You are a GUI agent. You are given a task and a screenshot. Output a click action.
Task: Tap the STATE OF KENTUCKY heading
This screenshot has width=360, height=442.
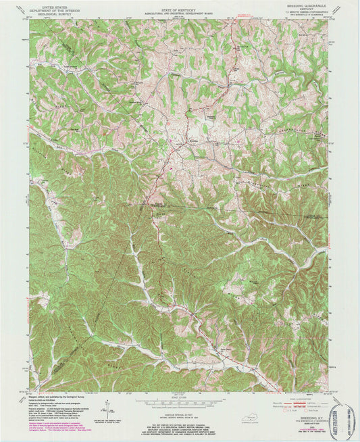click(179, 4)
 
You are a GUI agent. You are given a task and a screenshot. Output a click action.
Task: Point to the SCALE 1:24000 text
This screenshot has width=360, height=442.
click(180, 395)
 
